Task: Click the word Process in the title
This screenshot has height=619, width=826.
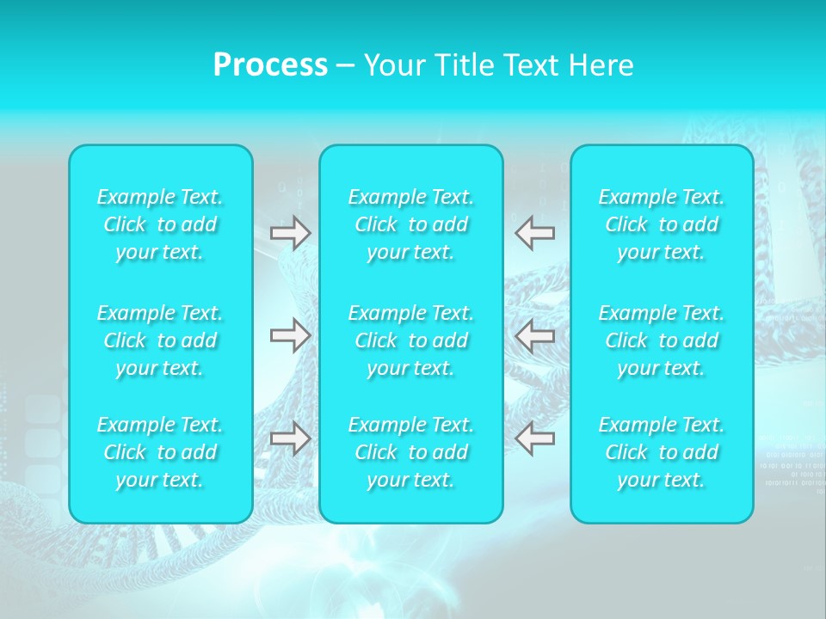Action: [x=270, y=65]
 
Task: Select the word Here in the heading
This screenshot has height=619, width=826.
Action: [x=601, y=65]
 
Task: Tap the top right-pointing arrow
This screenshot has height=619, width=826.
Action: [x=290, y=233]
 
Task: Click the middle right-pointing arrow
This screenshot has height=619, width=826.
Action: [x=290, y=335]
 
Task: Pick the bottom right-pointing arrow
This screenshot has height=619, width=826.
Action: [x=290, y=438]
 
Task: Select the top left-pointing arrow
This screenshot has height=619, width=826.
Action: [x=534, y=233]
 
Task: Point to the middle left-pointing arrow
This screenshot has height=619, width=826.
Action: [x=534, y=335]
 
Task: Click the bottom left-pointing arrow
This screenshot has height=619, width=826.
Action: [x=534, y=438]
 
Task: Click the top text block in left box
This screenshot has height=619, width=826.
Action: [x=160, y=224]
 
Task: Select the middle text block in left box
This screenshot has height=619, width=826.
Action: [x=160, y=340]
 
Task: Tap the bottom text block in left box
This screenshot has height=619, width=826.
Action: [x=160, y=452]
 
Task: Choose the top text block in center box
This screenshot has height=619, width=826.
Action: [x=411, y=224]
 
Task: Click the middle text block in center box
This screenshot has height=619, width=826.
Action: [x=411, y=340]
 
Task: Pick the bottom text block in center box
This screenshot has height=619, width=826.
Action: [x=411, y=452]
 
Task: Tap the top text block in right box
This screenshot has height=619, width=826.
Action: [x=662, y=224]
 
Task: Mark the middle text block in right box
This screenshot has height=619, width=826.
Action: [x=662, y=340]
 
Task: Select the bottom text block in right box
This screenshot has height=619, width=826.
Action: [x=662, y=452]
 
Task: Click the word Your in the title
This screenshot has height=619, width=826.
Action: [x=391, y=65]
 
